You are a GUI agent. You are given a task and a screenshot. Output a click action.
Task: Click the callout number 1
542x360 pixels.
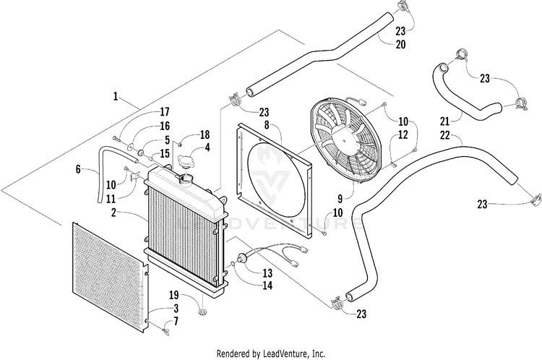(115, 95)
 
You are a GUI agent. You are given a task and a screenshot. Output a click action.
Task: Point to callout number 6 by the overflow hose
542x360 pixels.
(78, 171)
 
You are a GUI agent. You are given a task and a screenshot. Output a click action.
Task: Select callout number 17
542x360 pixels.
(165, 112)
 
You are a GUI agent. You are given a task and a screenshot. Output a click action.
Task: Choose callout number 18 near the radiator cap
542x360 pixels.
(205, 135)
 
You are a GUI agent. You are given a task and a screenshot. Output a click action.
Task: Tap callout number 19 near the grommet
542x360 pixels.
(174, 295)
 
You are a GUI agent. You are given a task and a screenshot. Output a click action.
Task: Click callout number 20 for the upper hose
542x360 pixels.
(400, 45)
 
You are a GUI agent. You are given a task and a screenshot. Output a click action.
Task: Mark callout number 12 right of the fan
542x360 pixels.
(403, 134)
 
